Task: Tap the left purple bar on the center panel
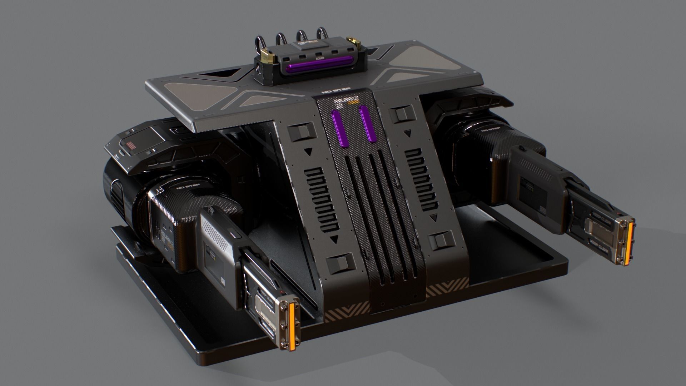(x=337, y=128)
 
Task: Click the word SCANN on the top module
(x=319, y=56)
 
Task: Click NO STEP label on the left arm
(x=189, y=186)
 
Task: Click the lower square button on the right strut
(x=442, y=241)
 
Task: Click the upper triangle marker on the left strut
(x=308, y=152)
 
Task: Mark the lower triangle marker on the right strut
(x=433, y=217)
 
